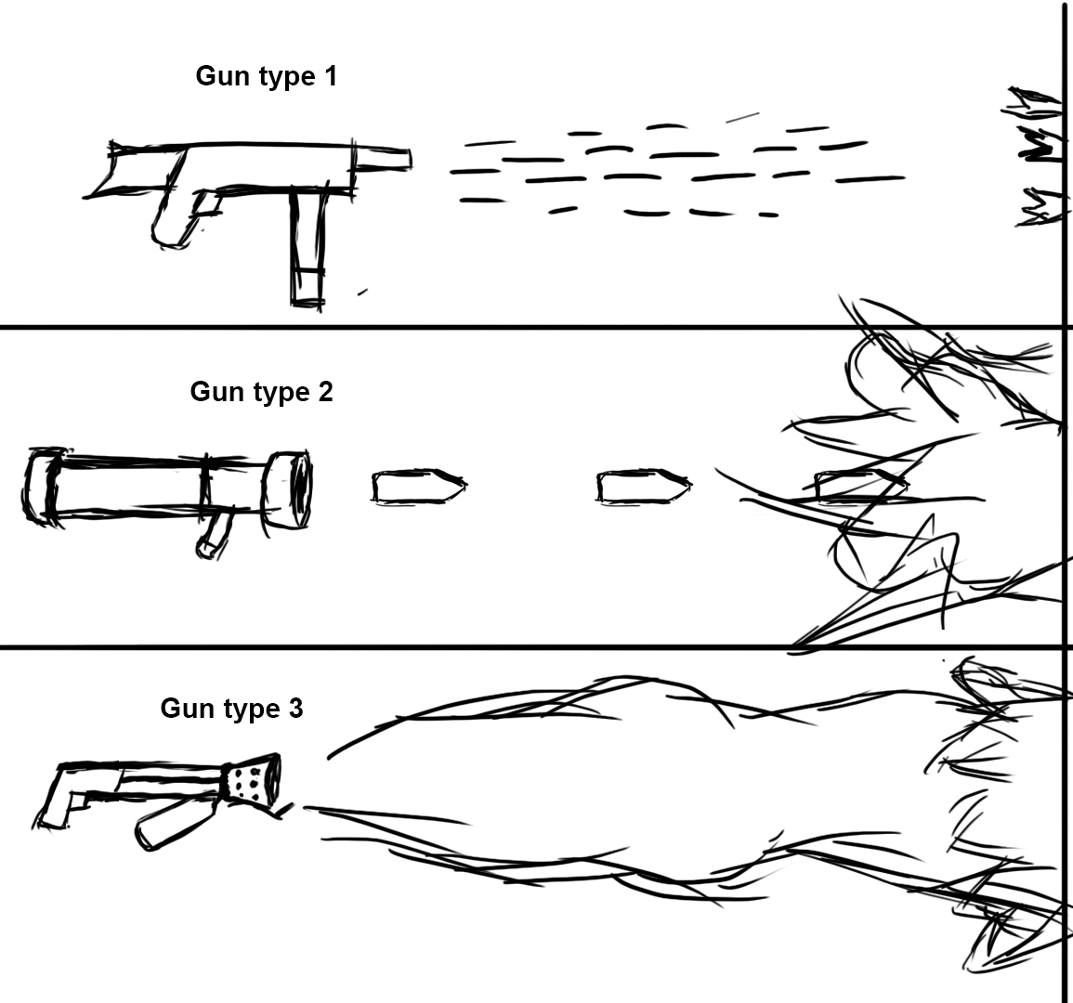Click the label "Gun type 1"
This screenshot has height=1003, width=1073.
click(266, 76)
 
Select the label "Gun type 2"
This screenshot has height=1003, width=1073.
click(261, 392)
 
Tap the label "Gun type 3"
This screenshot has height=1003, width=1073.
click(231, 709)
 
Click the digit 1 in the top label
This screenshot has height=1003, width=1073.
click(330, 76)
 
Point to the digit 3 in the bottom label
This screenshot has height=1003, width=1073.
click(294, 709)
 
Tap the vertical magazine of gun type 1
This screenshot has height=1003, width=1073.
click(308, 246)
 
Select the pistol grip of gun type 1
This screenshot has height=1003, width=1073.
click(177, 219)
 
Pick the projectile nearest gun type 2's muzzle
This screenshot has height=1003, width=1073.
click(417, 487)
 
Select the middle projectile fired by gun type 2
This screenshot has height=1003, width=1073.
click(642, 487)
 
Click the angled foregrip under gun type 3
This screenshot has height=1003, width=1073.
click(172, 822)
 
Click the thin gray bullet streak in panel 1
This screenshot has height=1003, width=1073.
click(741, 117)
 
